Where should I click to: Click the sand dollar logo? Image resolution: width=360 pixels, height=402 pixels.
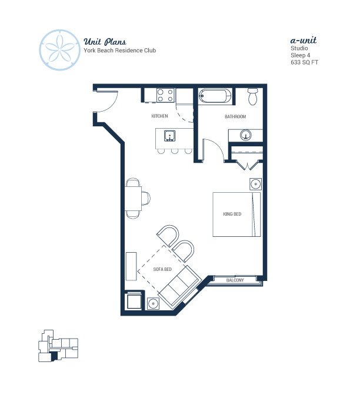coord(60,50)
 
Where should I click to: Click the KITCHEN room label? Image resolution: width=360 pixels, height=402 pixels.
coord(159,116)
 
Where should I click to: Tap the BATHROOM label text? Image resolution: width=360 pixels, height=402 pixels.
coord(235,116)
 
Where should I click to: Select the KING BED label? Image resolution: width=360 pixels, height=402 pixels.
coord(232,214)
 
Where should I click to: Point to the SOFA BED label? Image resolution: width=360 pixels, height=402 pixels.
coord(162,269)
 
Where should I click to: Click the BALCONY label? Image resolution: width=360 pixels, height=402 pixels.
coord(235,280)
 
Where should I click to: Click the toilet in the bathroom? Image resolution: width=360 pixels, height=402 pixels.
coord(253,96)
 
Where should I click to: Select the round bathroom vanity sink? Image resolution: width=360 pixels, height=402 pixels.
coord(245,135)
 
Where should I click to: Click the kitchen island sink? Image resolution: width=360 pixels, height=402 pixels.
coord(170,136)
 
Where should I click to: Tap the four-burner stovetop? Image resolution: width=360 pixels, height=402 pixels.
coord(165,95)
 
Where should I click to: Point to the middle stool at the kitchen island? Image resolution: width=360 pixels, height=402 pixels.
coord(175,151)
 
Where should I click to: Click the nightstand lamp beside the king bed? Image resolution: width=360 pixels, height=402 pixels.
coord(255,184)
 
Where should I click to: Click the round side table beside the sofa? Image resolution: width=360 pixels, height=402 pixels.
coord(153,303)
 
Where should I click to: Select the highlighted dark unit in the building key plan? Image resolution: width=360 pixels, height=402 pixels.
coord(54,356)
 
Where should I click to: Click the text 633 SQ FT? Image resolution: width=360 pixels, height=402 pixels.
coord(304,62)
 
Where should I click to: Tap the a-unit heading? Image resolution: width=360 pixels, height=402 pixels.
coord(304,40)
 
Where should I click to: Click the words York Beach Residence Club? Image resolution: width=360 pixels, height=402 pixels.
coord(120,51)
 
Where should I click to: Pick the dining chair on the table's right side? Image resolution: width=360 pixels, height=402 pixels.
coord(146,198)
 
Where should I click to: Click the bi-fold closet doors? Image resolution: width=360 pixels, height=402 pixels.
coord(247,165)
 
